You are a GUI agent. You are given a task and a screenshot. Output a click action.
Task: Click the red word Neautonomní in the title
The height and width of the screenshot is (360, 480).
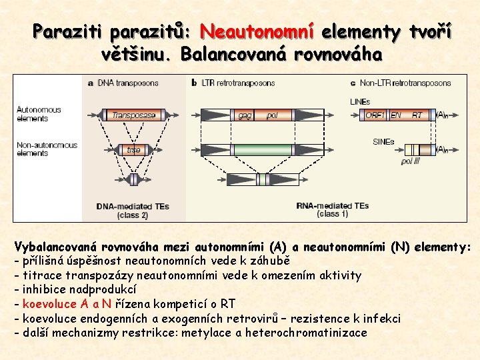(x=257, y=31)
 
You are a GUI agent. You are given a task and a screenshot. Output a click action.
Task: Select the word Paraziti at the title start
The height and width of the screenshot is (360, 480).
(x=69, y=31)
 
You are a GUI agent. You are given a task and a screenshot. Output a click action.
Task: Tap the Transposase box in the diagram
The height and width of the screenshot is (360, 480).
(x=133, y=115)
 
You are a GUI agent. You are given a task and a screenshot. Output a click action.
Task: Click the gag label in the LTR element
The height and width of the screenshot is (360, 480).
(x=245, y=115)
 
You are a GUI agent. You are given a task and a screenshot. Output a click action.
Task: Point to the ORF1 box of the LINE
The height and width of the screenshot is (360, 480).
(x=375, y=115)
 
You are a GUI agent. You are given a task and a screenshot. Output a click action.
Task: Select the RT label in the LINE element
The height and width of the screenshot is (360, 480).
(x=417, y=115)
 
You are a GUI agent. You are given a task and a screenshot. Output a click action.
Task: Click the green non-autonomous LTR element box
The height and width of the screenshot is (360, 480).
(x=264, y=149)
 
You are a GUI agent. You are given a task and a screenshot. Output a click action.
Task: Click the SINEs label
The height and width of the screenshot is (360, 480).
(x=384, y=141)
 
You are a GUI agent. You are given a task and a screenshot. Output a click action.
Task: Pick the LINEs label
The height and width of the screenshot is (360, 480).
(x=361, y=102)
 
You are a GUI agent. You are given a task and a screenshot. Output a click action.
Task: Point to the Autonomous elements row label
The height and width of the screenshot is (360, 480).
(x=39, y=114)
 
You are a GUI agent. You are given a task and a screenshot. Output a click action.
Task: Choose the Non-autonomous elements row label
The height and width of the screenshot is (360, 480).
(x=47, y=149)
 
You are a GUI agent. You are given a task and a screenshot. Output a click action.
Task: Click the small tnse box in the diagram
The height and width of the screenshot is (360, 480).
(x=133, y=150)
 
